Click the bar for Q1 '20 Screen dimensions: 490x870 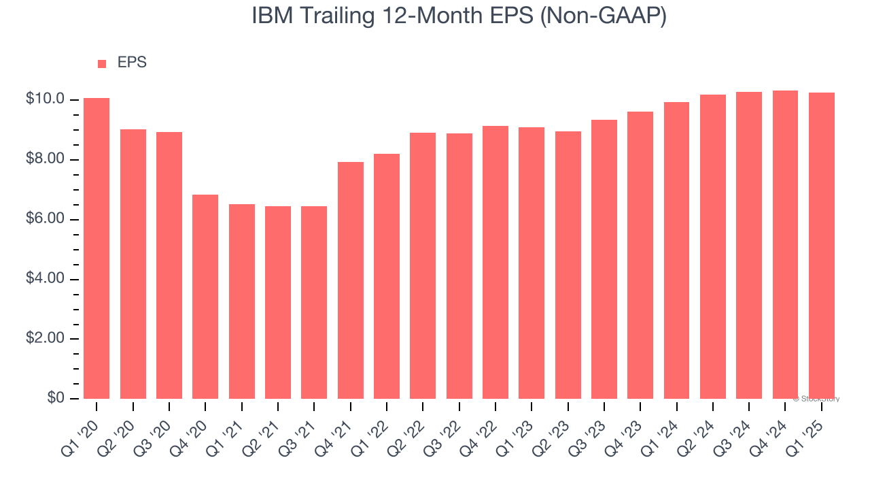[97, 248]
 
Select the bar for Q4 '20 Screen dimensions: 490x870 [205, 297]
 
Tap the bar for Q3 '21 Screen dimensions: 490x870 [314, 302]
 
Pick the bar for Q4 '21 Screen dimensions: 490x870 [350, 280]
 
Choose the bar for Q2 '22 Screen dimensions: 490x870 [423, 265]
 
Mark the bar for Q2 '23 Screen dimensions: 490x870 [568, 265]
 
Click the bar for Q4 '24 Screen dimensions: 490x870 [785, 244]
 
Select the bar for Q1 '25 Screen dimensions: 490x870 [821, 246]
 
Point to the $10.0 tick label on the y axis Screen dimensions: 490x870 [46, 99]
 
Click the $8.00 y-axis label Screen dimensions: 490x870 [46, 159]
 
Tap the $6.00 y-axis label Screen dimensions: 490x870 [46, 219]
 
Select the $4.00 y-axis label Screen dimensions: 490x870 [46, 279]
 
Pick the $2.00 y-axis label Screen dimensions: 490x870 [46, 339]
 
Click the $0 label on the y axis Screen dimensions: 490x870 [56, 398]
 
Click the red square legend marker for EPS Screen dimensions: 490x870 [102, 63]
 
